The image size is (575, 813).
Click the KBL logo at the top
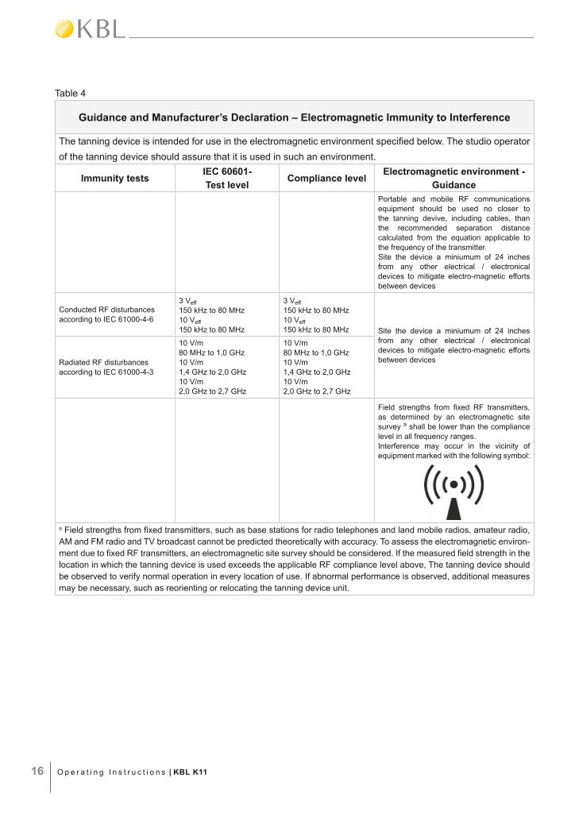[89, 29]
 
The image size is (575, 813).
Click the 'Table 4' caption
[70, 93]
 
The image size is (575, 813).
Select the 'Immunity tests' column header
[114, 179]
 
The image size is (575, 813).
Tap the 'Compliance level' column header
[326, 179]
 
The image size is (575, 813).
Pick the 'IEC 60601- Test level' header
[226, 179]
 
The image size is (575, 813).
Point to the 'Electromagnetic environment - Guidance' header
[453, 179]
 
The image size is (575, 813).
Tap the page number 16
[37, 771]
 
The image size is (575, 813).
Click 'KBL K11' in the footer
[191, 772]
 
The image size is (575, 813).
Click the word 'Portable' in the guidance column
[393, 198]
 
